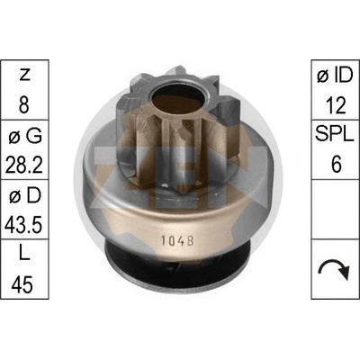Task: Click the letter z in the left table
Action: coord(24,76)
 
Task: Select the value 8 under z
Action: coord(24,104)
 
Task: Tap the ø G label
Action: coord(25,136)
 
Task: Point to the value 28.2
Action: coord(24,165)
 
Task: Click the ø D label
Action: coord(25,195)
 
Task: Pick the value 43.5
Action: coord(23,224)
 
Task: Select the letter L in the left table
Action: coord(24,255)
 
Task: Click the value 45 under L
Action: coord(22,284)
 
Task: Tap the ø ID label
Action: coord(335,75)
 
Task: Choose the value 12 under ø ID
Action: coord(336,104)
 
